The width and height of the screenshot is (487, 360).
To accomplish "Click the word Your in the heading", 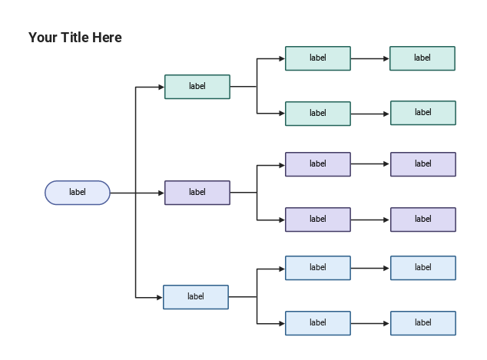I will [x=42, y=38].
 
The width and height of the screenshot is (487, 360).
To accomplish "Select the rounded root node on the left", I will [x=78, y=193].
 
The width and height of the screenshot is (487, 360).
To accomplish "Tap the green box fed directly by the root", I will [x=197, y=87].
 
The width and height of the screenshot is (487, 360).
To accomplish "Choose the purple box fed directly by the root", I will [x=197, y=193].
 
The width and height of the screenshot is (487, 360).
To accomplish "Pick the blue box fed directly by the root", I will [x=196, y=297].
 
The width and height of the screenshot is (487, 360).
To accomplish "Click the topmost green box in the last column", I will [x=422, y=58].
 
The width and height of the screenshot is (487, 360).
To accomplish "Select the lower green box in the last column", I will [x=423, y=113].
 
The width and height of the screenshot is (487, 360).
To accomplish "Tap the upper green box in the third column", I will [x=318, y=58].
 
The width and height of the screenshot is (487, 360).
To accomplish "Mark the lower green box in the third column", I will [x=318, y=114].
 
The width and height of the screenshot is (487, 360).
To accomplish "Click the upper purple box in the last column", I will [x=423, y=164].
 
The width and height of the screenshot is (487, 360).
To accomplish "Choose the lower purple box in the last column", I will [x=423, y=220].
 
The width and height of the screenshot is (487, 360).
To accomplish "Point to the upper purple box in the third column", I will [x=318, y=164].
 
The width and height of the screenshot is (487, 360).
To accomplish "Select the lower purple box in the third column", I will [x=318, y=220].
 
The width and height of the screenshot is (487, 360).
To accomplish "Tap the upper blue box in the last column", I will [x=423, y=268].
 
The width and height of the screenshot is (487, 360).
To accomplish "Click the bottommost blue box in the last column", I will [x=423, y=323].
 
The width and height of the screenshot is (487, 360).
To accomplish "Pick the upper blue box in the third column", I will [x=318, y=268].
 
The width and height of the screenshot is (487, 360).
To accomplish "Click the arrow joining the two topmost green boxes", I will [x=370, y=58].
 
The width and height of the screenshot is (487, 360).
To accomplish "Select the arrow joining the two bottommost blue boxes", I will [x=370, y=323].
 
